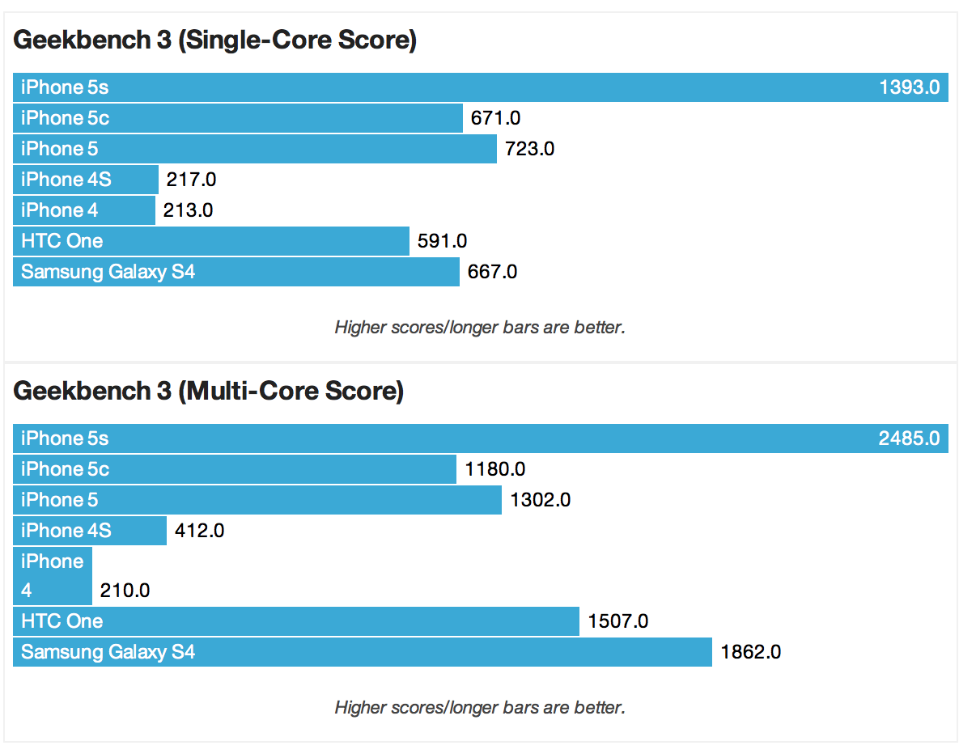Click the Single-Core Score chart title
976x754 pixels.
(215, 40)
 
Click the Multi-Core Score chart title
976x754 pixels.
(209, 392)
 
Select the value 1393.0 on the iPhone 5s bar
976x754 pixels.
(909, 87)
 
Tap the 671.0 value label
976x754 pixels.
(495, 118)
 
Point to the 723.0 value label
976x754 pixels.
(529, 149)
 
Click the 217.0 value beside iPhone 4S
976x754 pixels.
(191, 180)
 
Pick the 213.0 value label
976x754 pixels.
(188, 210)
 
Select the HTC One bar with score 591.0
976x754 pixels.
(210, 241)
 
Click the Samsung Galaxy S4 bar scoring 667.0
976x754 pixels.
(236, 272)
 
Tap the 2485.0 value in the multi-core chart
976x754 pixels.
(909, 438)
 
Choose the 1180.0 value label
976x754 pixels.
(494, 469)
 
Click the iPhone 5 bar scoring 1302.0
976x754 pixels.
(257, 500)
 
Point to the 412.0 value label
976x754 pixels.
(199, 531)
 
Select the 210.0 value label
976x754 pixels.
(125, 591)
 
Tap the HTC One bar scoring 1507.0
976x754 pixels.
(296, 621)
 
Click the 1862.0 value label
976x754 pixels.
(750, 652)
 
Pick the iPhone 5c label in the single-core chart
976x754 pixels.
(65, 118)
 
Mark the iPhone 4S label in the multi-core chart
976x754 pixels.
(66, 531)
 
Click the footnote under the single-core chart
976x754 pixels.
(480, 328)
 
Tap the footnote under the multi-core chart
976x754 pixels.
(480, 708)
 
